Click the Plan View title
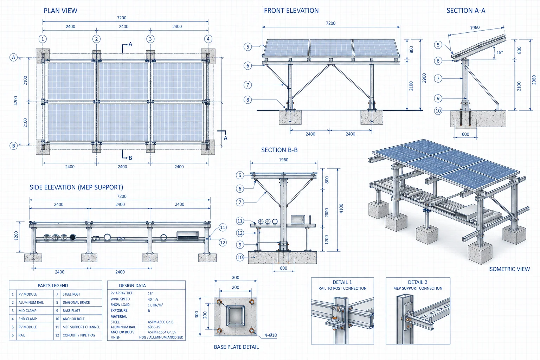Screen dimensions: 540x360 click(x=60, y=11)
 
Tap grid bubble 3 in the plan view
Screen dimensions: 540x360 click(x=150, y=39)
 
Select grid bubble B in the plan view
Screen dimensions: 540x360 click(x=13, y=146)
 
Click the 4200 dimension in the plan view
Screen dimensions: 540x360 click(x=16, y=101)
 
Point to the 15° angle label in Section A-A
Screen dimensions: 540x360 click(x=500, y=52)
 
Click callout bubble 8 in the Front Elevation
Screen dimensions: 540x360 click(x=247, y=99)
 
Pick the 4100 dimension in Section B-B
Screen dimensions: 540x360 click(x=341, y=208)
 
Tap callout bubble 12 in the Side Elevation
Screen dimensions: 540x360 click(x=223, y=242)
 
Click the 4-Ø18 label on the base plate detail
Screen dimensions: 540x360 click(x=270, y=335)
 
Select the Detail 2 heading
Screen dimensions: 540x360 click(x=418, y=282)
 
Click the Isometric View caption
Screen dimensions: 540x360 click(x=509, y=269)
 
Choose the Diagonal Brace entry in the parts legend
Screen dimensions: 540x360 click(x=76, y=302)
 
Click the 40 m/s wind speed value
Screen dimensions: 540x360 click(x=153, y=299)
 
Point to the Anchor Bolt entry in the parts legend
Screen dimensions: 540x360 click(x=73, y=319)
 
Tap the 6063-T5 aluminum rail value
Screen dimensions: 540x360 click(x=154, y=327)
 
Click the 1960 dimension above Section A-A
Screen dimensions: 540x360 click(x=475, y=27)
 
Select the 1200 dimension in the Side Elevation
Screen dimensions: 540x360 click(x=16, y=236)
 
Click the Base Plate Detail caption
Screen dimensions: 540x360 click(x=236, y=347)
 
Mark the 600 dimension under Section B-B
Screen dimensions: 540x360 click(x=283, y=268)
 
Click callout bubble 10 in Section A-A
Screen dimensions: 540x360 click(x=438, y=111)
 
